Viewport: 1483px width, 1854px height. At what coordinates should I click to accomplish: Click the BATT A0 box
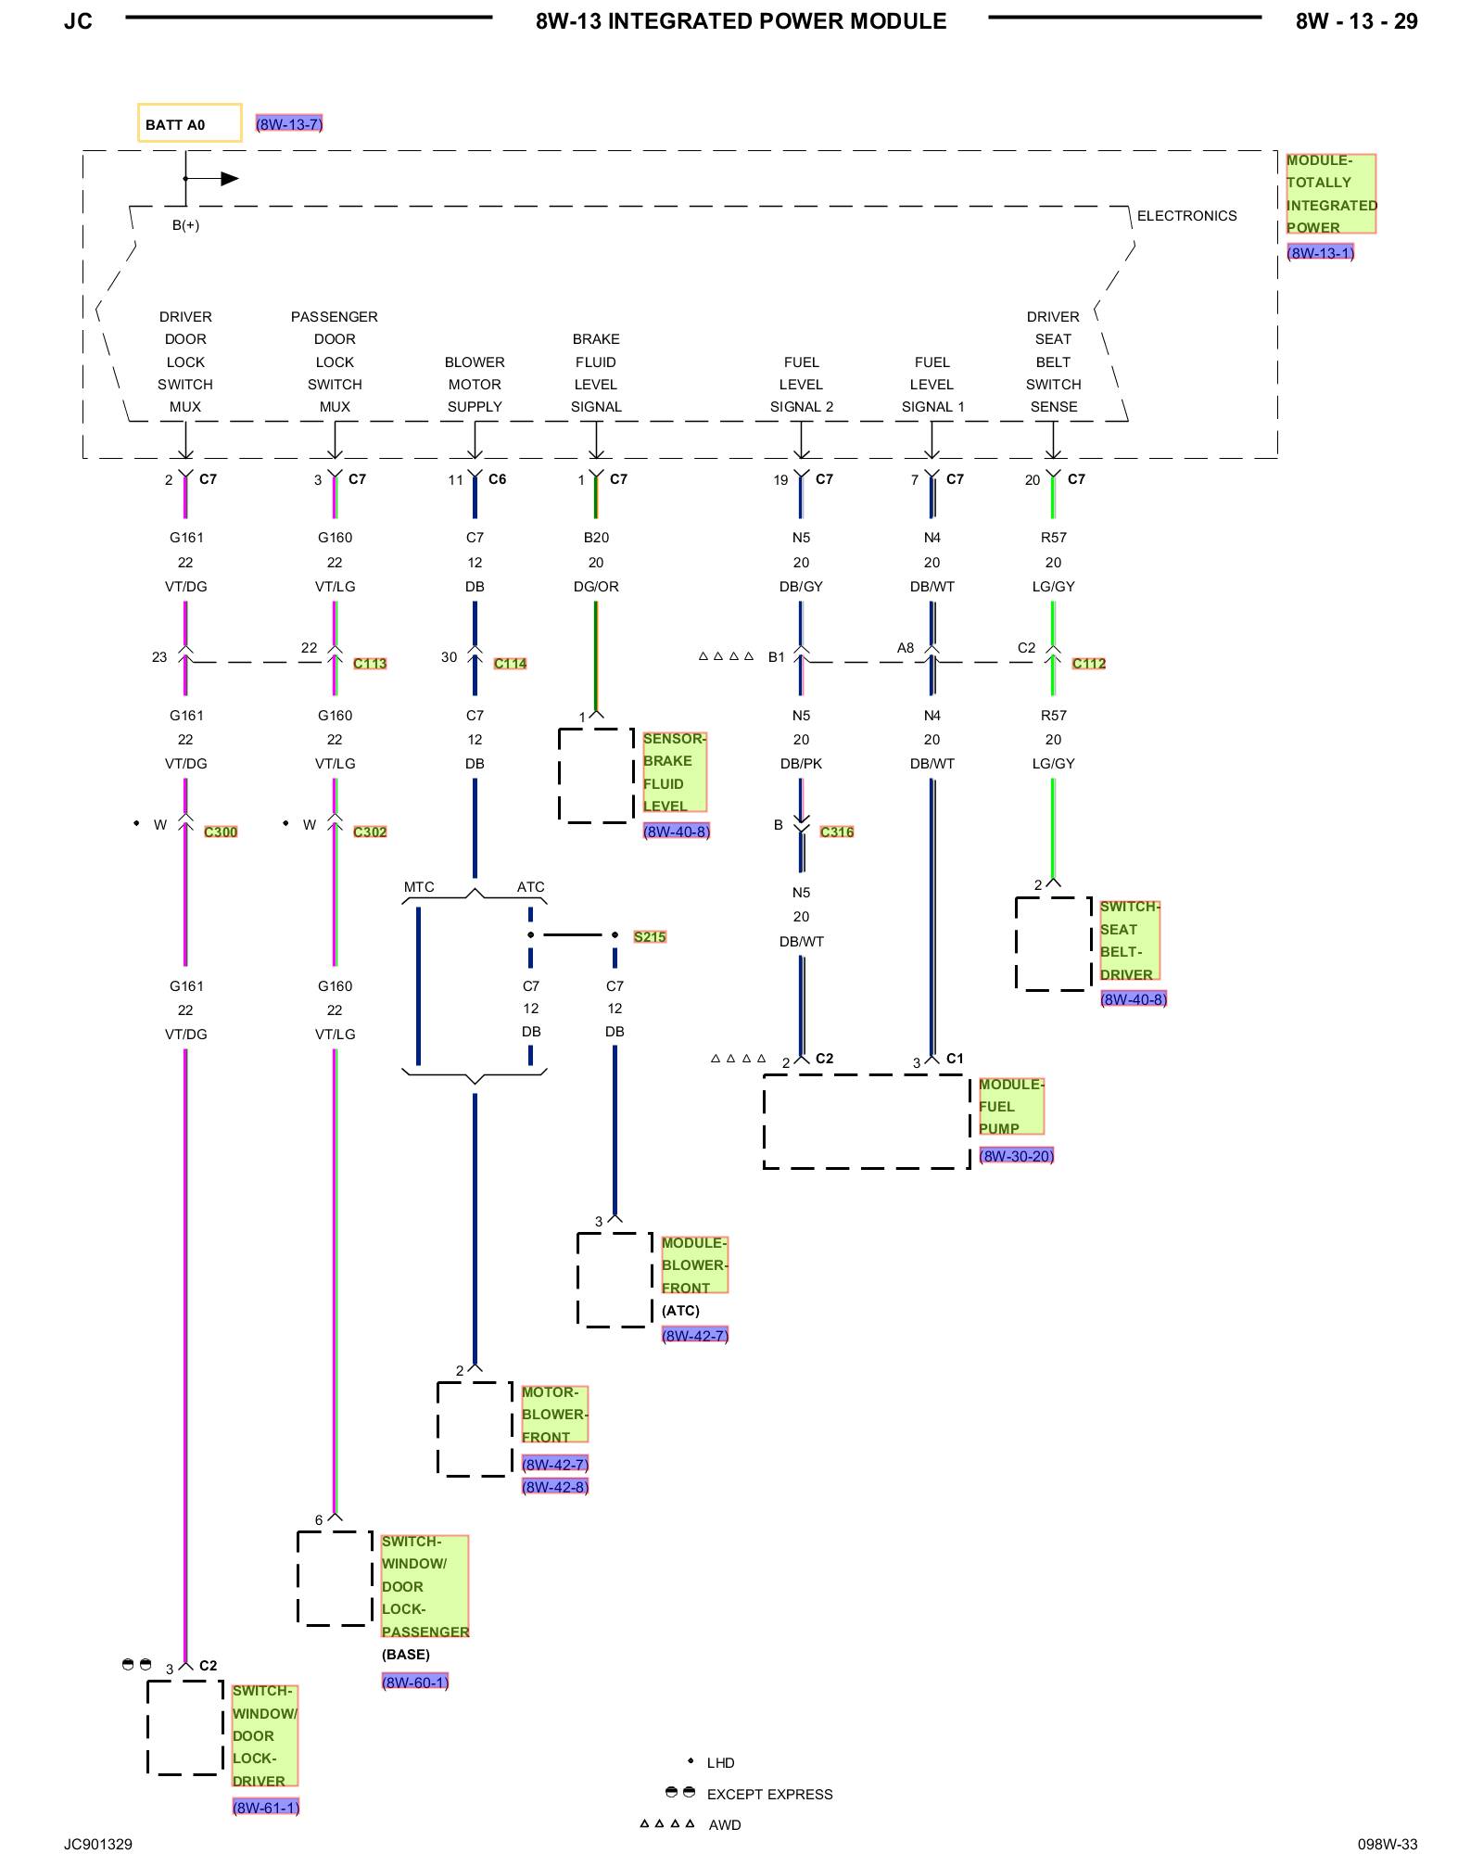pyautogui.click(x=189, y=122)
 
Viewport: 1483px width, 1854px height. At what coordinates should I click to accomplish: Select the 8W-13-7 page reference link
pyautogui.click(x=289, y=124)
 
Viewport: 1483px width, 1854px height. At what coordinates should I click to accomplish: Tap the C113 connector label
pyautogui.click(x=370, y=664)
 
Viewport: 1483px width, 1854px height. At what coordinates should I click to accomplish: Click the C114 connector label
pyautogui.click(x=510, y=664)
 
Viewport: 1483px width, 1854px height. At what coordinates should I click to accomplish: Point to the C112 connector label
pyautogui.click(x=1089, y=664)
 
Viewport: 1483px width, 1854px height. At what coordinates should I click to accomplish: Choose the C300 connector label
pyautogui.click(x=221, y=832)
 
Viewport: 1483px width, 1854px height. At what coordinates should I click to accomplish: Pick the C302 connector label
pyautogui.click(x=370, y=832)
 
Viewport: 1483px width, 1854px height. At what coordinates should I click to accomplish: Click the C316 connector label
pyautogui.click(x=837, y=832)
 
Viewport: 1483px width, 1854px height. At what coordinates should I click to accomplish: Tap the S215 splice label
pyautogui.click(x=650, y=937)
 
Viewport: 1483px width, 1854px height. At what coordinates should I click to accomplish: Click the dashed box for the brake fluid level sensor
pyautogui.click(x=559, y=776)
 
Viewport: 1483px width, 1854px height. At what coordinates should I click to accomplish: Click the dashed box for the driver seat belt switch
pyautogui.click(x=1016, y=944)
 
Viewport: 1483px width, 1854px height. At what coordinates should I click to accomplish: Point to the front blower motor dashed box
pyautogui.click(x=437, y=1429)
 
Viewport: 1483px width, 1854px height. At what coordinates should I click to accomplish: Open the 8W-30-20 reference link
pyautogui.click(x=1017, y=1156)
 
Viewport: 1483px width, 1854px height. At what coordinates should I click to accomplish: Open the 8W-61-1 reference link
pyautogui.click(x=266, y=1808)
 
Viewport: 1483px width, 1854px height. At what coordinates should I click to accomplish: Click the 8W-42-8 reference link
pyautogui.click(x=555, y=1487)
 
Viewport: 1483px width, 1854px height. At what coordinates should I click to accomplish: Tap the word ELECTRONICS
pyautogui.click(x=1187, y=216)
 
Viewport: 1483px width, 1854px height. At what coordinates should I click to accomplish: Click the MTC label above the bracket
pyautogui.click(x=419, y=887)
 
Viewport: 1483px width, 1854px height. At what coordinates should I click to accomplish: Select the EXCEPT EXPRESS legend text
pyautogui.click(x=770, y=1795)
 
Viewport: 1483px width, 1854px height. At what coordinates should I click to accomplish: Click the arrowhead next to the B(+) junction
pyautogui.click(x=230, y=179)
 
